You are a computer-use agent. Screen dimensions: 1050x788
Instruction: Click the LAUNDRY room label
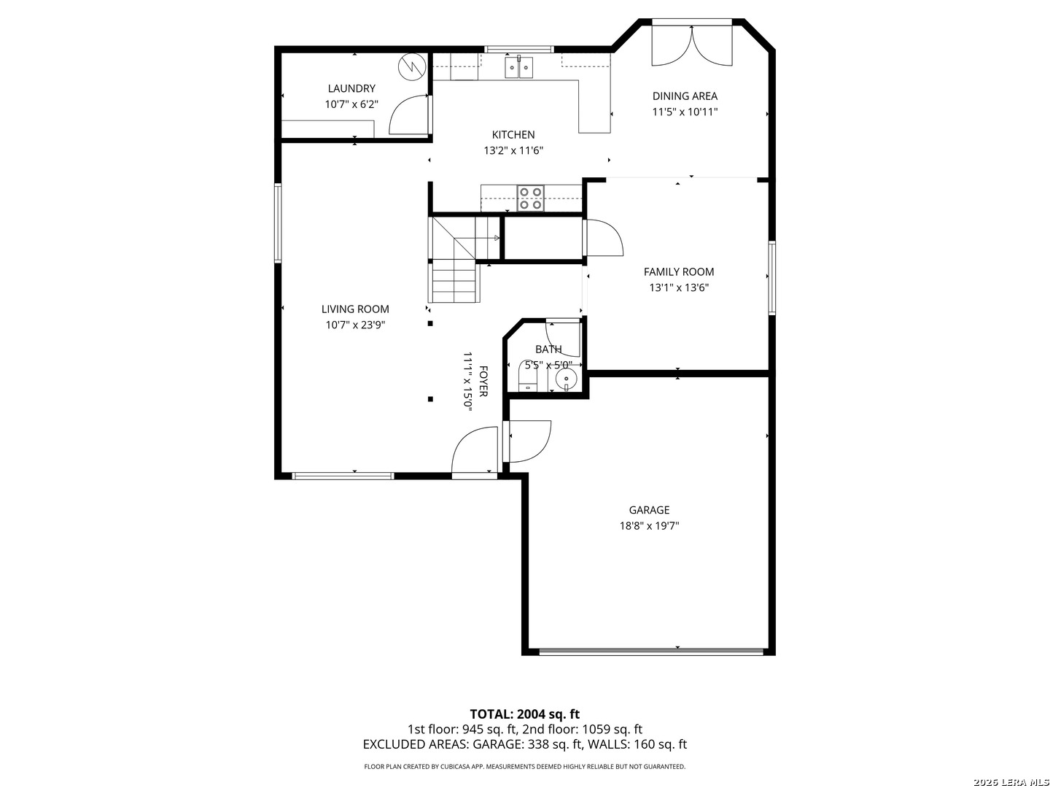click(351, 88)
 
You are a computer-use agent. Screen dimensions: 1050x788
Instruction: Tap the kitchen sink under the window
click(518, 67)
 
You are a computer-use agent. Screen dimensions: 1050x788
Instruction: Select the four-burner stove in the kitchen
click(531, 198)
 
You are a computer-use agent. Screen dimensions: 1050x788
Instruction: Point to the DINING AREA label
click(685, 96)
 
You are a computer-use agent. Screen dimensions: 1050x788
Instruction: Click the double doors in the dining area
click(692, 45)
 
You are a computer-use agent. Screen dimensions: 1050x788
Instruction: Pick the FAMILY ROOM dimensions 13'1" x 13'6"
click(678, 287)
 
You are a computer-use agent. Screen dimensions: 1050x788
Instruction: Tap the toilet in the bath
click(528, 376)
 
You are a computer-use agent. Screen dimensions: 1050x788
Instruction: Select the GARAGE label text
click(649, 510)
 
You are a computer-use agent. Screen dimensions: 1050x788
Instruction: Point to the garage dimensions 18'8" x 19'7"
click(649, 526)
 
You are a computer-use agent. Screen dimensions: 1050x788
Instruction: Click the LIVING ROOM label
click(355, 309)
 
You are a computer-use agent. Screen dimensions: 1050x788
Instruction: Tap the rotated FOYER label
click(483, 382)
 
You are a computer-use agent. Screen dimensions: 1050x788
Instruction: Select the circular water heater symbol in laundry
click(412, 67)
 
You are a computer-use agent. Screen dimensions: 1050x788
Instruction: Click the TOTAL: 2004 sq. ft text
click(524, 714)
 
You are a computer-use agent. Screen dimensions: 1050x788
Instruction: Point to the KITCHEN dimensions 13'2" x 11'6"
click(513, 151)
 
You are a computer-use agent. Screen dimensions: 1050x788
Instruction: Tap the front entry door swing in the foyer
click(474, 449)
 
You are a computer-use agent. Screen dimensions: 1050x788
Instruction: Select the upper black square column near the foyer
click(430, 323)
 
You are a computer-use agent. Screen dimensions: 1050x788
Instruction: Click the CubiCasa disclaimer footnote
click(524, 766)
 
